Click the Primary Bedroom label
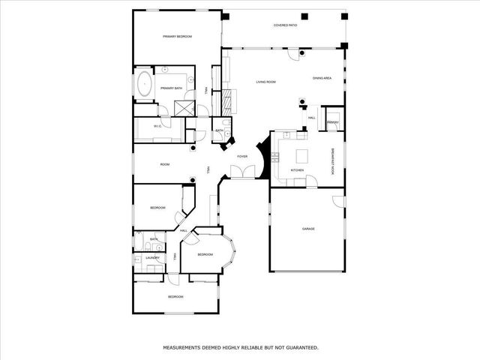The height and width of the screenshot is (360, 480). click(x=178, y=37)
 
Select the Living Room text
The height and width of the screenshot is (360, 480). click(x=265, y=82)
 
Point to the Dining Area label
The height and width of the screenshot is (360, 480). click(x=322, y=78)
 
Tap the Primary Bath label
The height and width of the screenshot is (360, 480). click(x=171, y=88)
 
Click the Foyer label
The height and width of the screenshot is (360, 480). click(x=242, y=156)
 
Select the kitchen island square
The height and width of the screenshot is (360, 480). click(x=302, y=156)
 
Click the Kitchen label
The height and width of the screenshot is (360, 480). click(x=298, y=170)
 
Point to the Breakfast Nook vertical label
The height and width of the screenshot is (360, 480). click(x=334, y=161)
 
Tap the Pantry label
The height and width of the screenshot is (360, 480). click(x=333, y=122)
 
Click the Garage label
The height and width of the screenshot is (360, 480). click(x=307, y=229)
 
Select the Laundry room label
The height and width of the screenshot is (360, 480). click(x=152, y=258)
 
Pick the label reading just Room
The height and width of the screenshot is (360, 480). click(x=164, y=164)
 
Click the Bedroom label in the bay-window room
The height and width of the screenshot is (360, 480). click(x=205, y=255)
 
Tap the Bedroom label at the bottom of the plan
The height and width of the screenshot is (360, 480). click(x=175, y=297)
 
